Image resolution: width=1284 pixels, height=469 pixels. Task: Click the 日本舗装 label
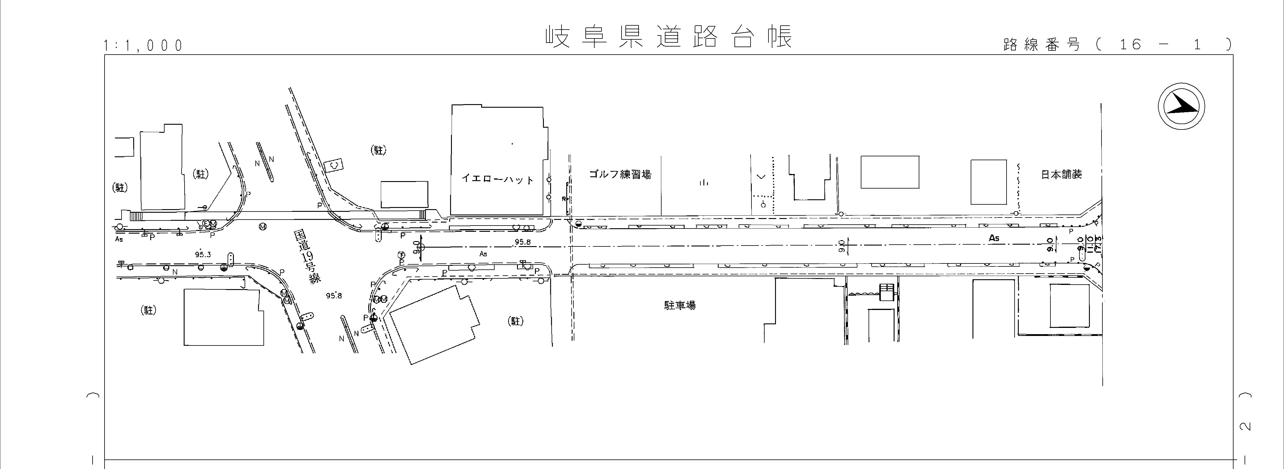click(x=1061, y=174)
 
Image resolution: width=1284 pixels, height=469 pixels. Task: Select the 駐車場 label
click(x=679, y=305)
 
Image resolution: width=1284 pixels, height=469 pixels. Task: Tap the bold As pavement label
click(x=994, y=238)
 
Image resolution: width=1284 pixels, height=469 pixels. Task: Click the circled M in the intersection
click(x=263, y=227)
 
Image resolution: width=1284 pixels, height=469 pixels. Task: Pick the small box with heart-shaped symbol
click(x=334, y=164)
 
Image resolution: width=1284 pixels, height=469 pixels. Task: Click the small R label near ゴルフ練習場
click(x=564, y=199)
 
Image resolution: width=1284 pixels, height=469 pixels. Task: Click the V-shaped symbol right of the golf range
click(x=761, y=176)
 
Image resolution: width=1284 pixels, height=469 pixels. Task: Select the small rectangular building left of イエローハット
click(x=404, y=194)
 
